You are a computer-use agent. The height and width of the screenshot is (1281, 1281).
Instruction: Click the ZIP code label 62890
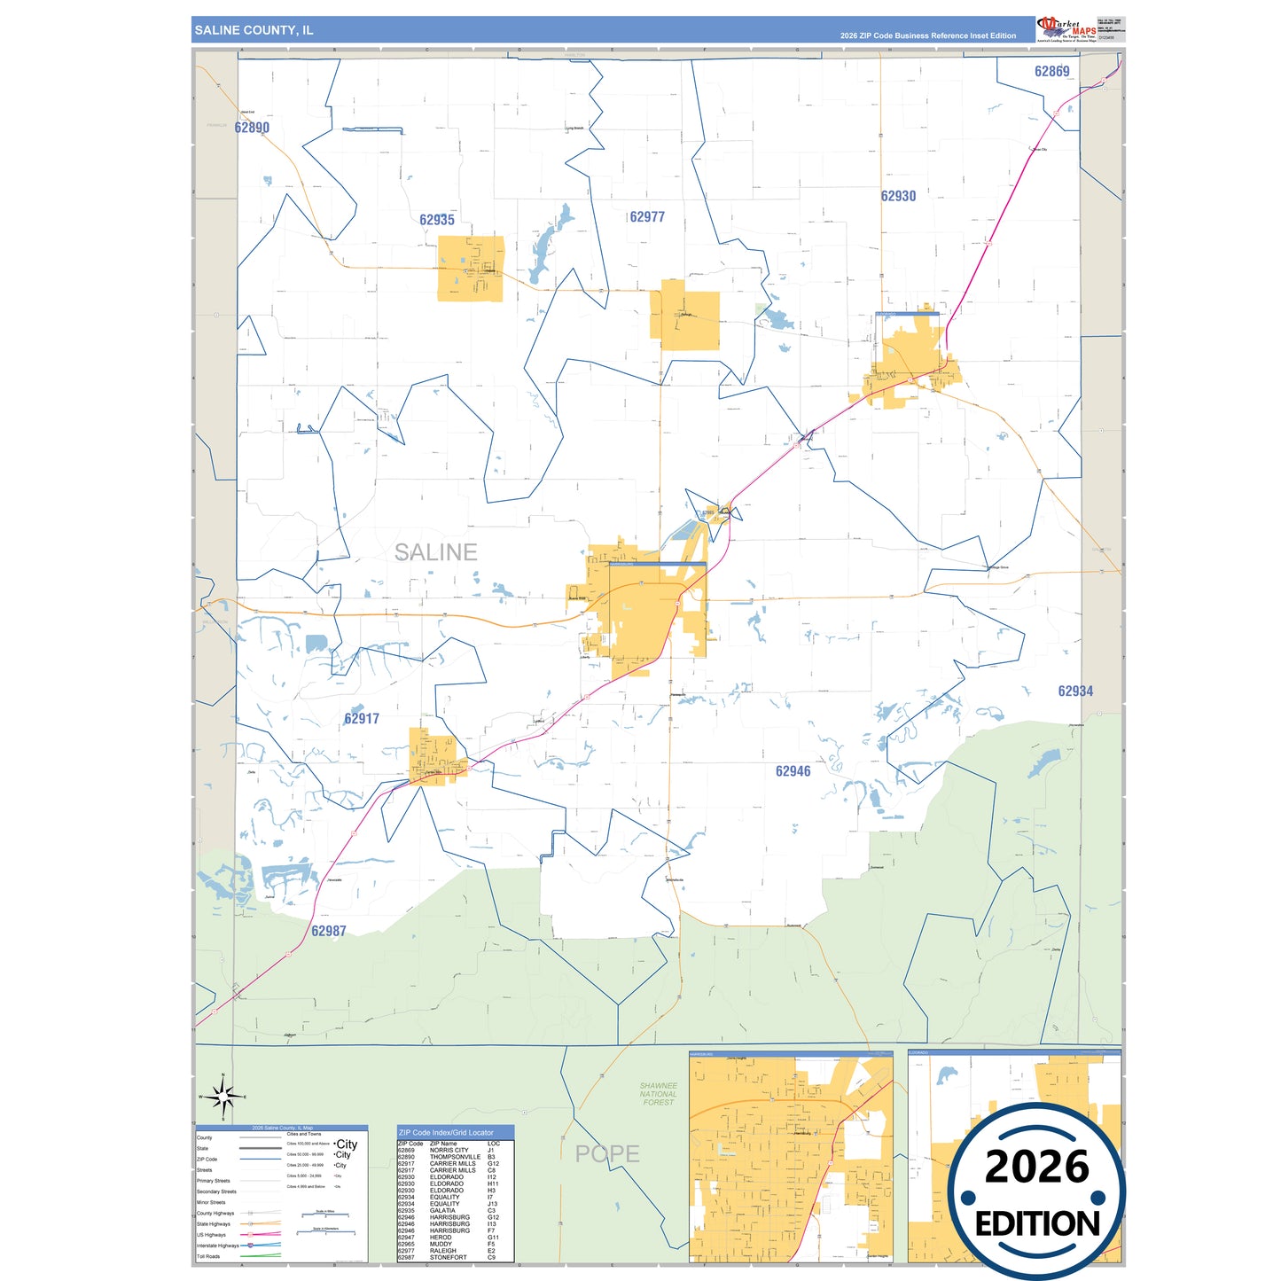click(x=252, y=128)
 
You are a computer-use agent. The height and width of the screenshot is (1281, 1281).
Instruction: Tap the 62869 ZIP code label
click(x=1051, y=72)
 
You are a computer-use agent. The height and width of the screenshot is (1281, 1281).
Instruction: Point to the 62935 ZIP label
click(x=437, y=220)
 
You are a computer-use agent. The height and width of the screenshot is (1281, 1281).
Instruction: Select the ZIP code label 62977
click(x=647, y=217)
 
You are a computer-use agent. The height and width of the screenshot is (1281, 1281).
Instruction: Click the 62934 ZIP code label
click(x=1075, y=691)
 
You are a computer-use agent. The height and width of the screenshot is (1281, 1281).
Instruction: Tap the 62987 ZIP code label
click(x=329, y=931)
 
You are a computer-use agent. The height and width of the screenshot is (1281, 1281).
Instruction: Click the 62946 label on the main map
click(x=793, y=771)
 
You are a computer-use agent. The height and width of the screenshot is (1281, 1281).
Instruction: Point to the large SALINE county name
click(x=435, y=552)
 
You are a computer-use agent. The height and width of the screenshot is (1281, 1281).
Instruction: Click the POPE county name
click(x=607, y=1153)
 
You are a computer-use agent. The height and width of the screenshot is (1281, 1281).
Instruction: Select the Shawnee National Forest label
click(x=659, y=1094)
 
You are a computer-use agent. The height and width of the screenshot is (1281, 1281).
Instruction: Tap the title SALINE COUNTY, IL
click(x=254, y=30)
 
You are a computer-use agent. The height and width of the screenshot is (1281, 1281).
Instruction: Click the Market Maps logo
click(x=1066, y=28)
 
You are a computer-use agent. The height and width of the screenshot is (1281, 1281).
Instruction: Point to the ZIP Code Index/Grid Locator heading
click(x=446, y=1132)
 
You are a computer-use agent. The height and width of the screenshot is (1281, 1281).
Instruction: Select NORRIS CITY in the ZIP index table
click(x=449, y=1151)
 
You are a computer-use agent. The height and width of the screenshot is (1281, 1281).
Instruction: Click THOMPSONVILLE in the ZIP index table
click(x=455, y=1157)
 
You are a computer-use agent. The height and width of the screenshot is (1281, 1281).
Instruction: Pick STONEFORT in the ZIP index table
click(x=448, y=1257)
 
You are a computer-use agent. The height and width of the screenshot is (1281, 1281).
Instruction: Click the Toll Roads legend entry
click(x=208, y=1256)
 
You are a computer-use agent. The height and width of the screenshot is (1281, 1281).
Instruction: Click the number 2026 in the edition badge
click(x=1036, y=1167)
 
